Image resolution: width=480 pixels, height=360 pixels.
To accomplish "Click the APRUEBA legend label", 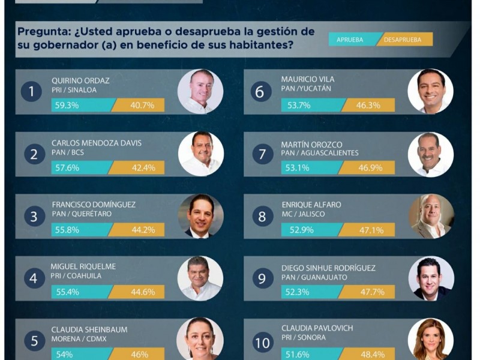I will click(x=349, y=40).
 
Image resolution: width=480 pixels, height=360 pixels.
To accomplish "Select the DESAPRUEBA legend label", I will click(x=403, y=40).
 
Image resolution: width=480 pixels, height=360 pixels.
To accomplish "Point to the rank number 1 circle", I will click(x=31, y=92).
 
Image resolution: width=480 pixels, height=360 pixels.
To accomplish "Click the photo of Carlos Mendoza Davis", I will click(x=200, y=154).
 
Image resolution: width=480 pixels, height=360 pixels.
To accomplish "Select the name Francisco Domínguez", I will click(x=94, y=204).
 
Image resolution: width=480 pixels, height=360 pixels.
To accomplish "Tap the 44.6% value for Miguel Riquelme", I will click(x=142, y=292).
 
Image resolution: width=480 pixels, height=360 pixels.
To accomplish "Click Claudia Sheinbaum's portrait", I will click(x=200, y=340).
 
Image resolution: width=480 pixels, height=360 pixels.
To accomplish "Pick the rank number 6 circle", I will click(x=260, y=92).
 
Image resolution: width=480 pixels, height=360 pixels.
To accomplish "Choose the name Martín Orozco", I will click(x=311, y=144).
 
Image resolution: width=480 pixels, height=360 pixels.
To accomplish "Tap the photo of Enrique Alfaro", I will click(x=431, y=216).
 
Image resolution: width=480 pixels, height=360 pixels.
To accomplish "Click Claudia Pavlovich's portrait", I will click(x=430, y=340).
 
